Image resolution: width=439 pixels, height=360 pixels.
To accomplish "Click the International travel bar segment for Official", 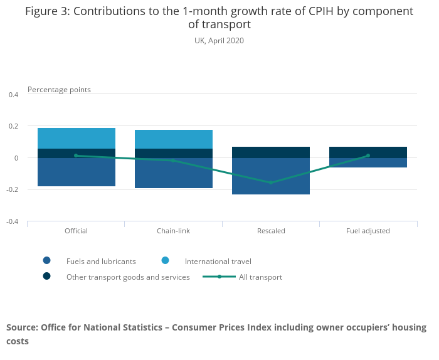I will (77, 138).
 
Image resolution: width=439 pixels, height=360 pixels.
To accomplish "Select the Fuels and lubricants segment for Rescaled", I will (271, 176).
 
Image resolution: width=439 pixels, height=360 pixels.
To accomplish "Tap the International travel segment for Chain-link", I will (174, 139).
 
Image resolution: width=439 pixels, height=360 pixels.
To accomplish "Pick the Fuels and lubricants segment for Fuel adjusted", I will (368, 162).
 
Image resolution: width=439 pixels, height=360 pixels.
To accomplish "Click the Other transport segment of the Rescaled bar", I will (271, 152).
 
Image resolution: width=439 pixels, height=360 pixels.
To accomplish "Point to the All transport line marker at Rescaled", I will (271, 183).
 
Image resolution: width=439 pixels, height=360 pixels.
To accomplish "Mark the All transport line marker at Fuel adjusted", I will (368, 156).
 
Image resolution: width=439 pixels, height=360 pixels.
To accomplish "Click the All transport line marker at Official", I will (77, 156).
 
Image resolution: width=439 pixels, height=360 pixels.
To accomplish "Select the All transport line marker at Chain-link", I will (174, 161).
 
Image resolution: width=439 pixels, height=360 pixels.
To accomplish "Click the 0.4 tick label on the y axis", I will (13, 95).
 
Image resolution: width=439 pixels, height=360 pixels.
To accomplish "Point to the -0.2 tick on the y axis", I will (12, 190).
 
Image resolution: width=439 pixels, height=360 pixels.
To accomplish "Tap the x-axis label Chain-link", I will (174, 231).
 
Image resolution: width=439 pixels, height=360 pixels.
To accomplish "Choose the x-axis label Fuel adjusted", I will (368, 231).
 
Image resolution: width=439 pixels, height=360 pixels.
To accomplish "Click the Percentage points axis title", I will (59, 90).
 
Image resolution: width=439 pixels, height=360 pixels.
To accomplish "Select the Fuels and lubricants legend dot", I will (46, 261).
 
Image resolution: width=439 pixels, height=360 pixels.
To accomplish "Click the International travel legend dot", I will (165, 261).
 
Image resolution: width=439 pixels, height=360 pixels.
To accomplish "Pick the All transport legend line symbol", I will (219, 277).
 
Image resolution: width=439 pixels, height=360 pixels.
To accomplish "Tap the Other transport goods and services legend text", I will (128, 277).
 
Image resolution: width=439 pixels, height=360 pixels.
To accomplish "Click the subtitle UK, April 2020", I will (219, 41).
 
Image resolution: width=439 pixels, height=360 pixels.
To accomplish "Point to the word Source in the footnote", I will (21, 327).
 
